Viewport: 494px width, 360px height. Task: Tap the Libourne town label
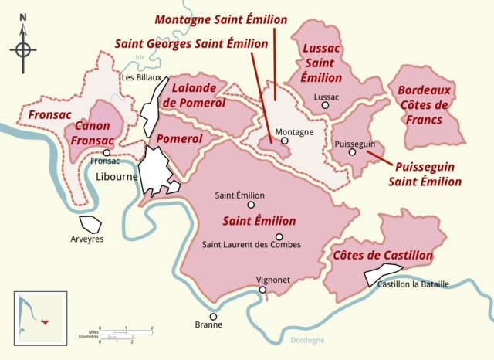(116, 176)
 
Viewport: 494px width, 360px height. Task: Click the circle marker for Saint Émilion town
(251, 205)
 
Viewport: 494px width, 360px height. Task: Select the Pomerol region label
(179, 139)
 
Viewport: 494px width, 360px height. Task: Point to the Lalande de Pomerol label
(198, 96)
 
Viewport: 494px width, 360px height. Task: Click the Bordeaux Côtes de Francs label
(426, 104)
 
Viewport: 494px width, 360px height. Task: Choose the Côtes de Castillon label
(382, 255)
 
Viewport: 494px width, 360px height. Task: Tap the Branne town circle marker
(213, 316)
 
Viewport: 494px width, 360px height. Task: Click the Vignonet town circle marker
(262, 290)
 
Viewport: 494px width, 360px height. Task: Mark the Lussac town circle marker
(326, 107)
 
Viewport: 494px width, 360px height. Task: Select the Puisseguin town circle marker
(352, 152)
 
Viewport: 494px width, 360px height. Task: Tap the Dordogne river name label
(307, 340)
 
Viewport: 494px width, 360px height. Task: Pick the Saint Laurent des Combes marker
(279, 237)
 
